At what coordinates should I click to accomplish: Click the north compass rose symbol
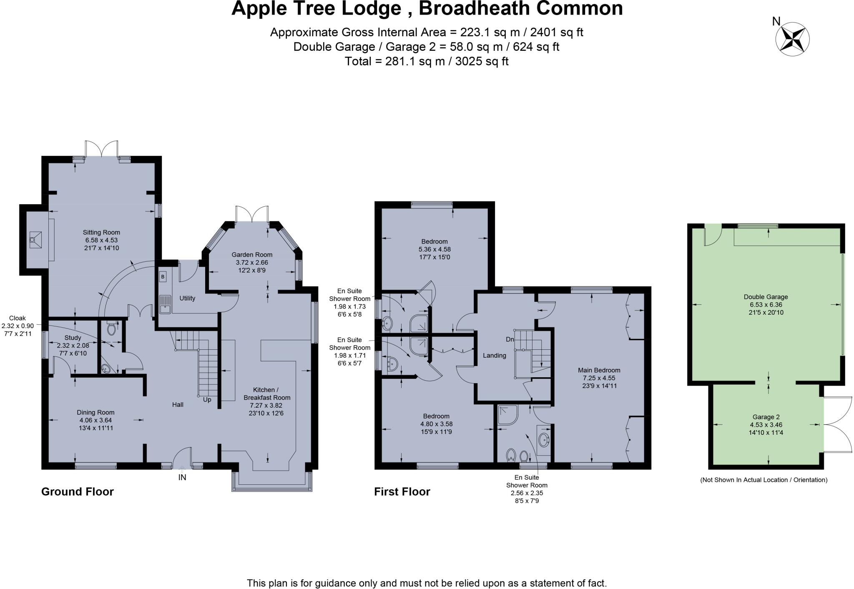(792, 39)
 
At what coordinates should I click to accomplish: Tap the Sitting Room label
(101, 233)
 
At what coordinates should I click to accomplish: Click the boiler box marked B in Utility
(163, 276)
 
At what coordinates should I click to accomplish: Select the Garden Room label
(252, 255)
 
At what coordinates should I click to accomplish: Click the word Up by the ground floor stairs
(207, 400)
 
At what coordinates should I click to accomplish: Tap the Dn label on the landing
(510, 340)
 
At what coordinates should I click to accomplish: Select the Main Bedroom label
(599, 370)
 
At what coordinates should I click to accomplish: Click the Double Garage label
(766, 297)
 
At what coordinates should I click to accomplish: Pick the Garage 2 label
(766, 417)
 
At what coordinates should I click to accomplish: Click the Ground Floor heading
(78, 492)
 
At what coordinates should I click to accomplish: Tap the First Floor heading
(402, 492)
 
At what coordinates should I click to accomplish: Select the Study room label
(73, 338)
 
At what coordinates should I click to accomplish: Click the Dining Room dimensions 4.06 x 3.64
(95, 420)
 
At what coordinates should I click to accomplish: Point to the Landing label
(495, 356)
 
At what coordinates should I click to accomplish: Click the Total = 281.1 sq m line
(427, 61)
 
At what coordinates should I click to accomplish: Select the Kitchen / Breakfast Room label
(267, 394)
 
